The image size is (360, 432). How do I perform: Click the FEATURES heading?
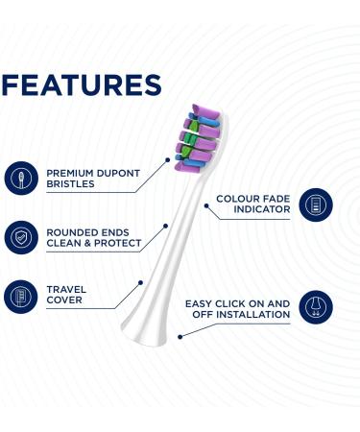81,84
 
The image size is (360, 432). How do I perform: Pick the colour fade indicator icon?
311,204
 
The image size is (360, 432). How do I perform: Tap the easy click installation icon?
312,308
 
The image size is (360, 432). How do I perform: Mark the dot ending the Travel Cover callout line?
141,281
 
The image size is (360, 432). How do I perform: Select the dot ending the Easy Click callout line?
181,334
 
